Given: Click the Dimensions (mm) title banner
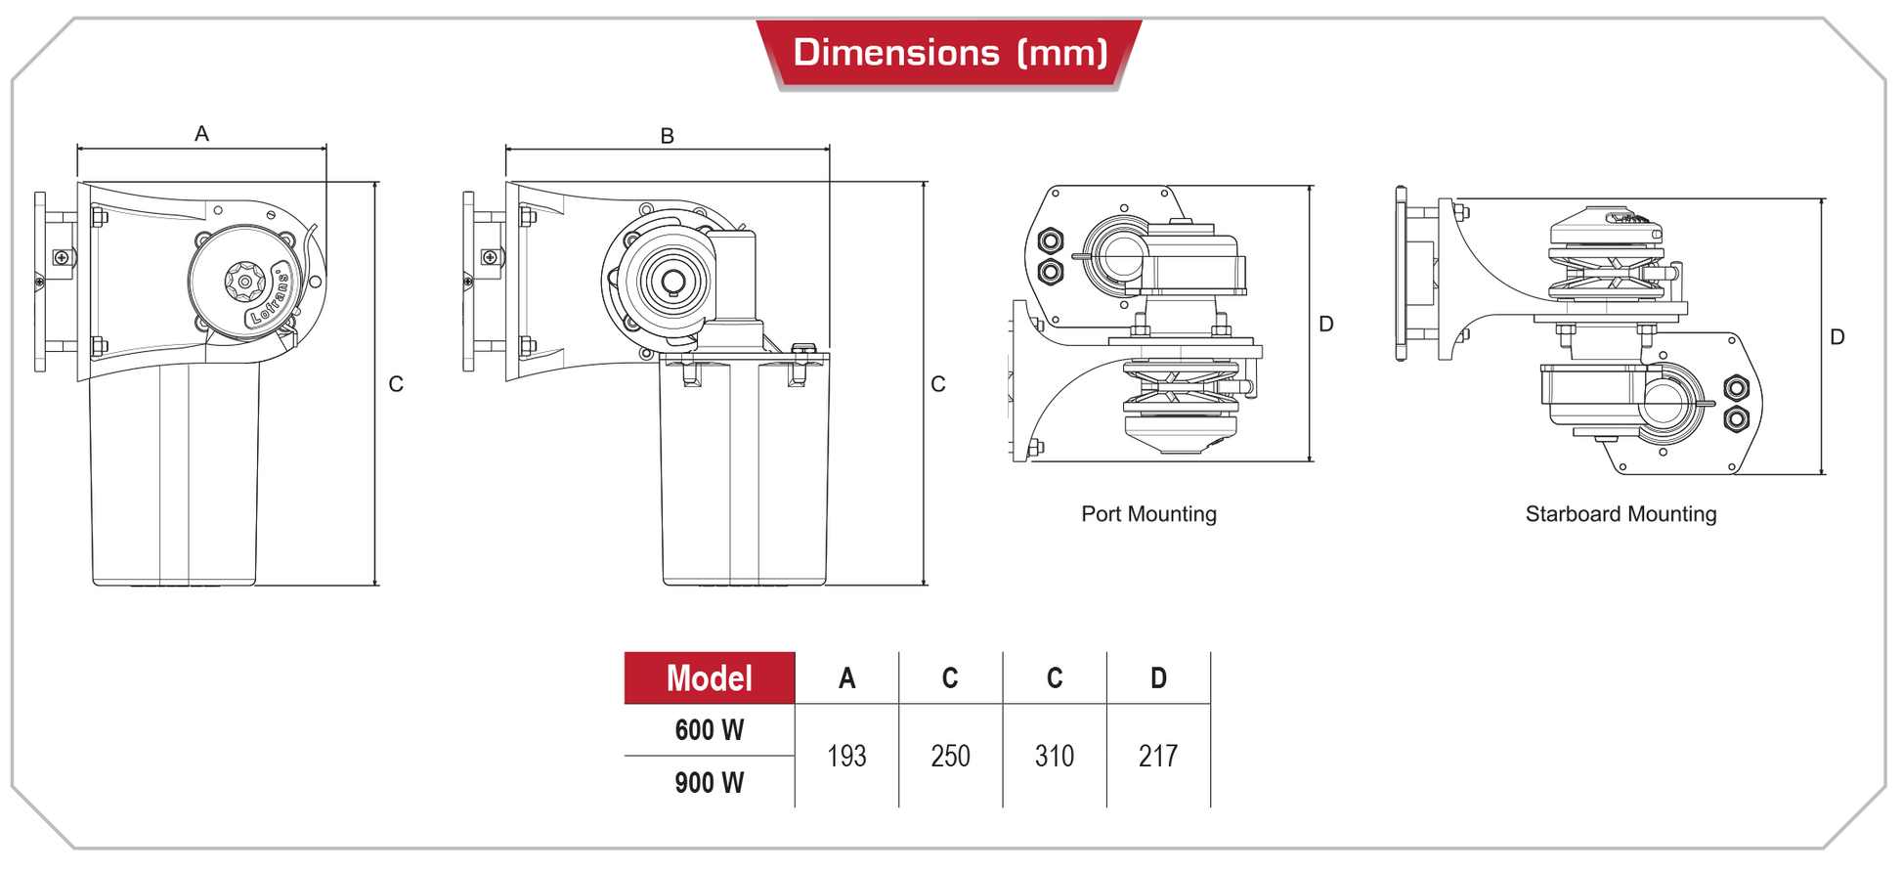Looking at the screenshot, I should coord(950,53).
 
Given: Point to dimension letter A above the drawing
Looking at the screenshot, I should coord(202,134).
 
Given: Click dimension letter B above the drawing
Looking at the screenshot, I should coord(668,136).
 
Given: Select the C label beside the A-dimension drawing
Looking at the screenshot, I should coord(396,384).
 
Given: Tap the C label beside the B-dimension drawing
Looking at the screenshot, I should coord(938,384).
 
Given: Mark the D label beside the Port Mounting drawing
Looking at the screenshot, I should coord(1326,324).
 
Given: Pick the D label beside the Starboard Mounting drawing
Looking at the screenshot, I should coord(1837,337).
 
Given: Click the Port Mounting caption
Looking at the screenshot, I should coord(1148,514).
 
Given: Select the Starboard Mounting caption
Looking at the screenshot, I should coord(1621,514).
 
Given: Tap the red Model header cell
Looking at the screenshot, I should coord(710,678).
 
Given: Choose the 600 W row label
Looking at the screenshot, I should coord(710,730).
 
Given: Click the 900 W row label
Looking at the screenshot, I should coord(710,783).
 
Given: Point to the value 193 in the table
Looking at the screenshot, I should coord(846,756).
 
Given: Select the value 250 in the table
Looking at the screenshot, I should coord(950,756).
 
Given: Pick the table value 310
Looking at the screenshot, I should coord(1055,756).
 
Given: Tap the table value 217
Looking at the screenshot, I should coord(1158,756).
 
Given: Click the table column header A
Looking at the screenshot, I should coord(846,678).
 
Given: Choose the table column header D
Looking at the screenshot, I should coord(1158,678).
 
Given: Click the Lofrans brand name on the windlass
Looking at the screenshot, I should coord(271,298).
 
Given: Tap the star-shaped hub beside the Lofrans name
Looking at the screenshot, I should coord(243,282).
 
